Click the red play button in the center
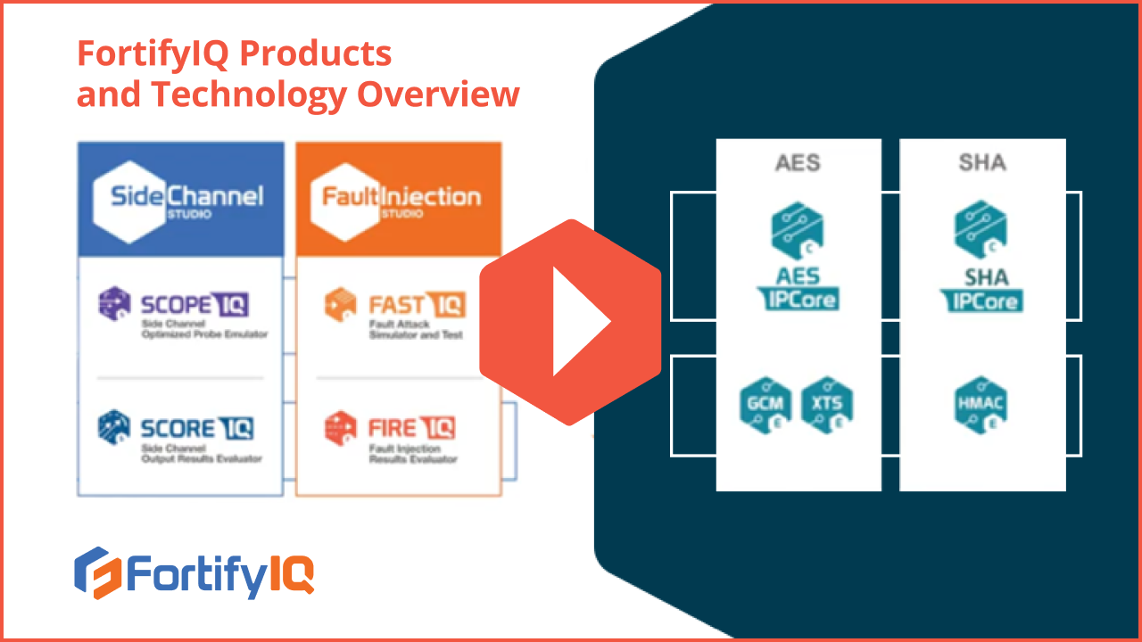click(x=571, y=321)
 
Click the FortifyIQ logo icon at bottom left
click(x=96, y=572)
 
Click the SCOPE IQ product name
click(x=194, y=305)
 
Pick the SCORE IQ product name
click(x=196, y=428)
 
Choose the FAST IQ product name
click(x=417, y=306)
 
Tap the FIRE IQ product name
click(x=411, y=428)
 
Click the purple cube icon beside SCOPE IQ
click(x=114, y=303)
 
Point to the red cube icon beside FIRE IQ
click(x=340, y=427)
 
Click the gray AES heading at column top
click(x=798, y=162)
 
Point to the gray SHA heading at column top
click(x=981, y=162)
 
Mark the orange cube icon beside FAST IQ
click(x=340, y=304)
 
